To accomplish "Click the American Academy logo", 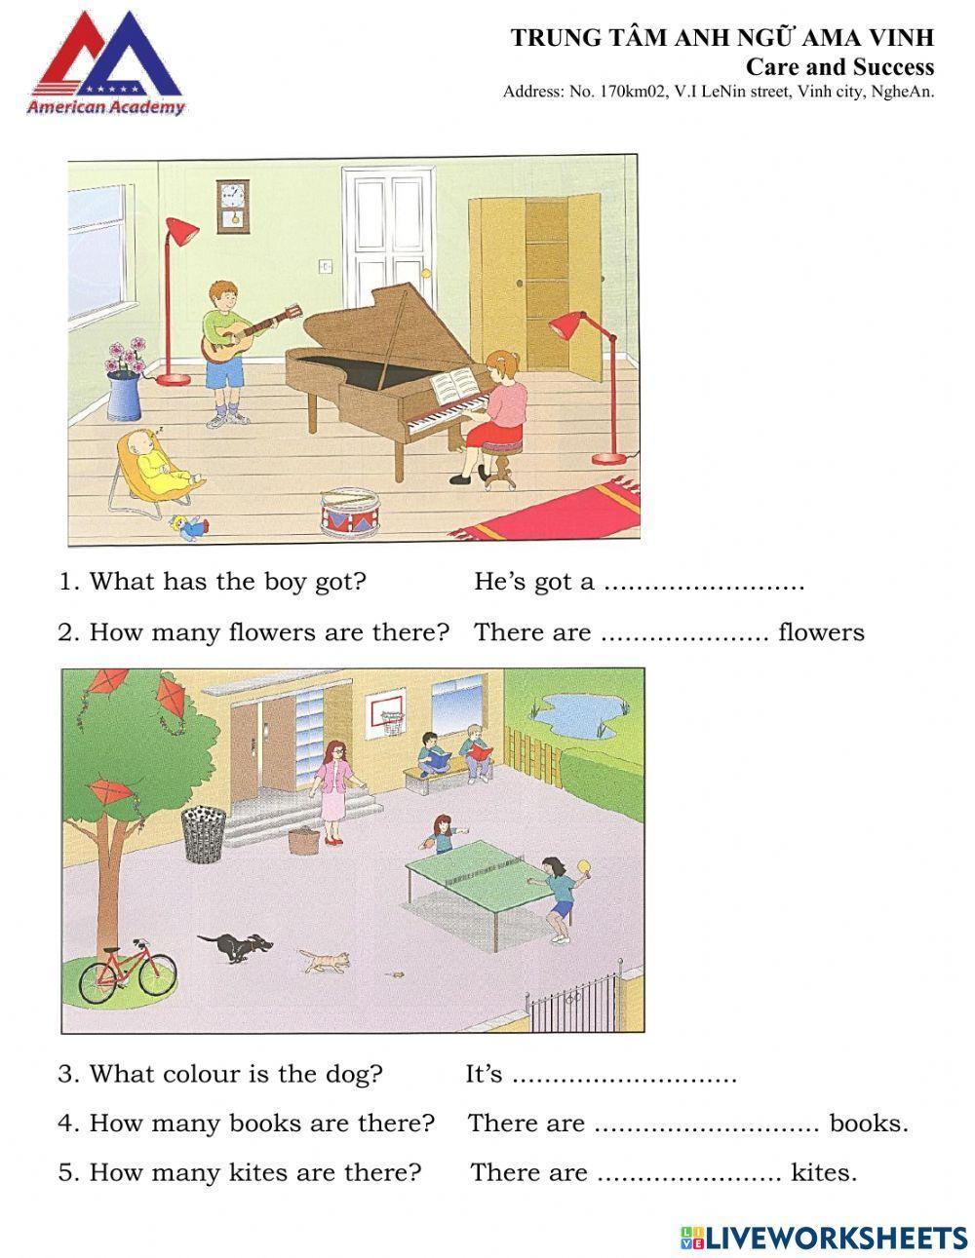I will coord(105,64).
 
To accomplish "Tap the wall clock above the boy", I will coord(231,204).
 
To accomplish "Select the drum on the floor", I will coord(349,510).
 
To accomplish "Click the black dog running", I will coord(236,945).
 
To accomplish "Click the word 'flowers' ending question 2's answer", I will coord(821,632).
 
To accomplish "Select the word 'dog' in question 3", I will coord(356,1074).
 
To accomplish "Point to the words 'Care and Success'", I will coord(839,67).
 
